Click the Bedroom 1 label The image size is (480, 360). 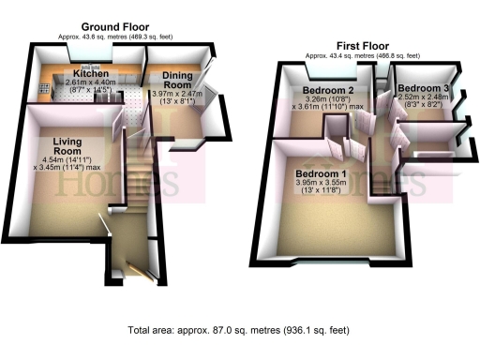pos(322,174)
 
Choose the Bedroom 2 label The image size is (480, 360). pos(327,91)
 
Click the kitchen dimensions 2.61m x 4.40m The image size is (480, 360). pos(92,82)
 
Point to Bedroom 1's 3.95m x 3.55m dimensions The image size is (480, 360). pos(322,185)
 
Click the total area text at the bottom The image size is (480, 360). pos(240,331)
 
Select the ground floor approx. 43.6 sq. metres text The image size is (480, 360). pos(115,37)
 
